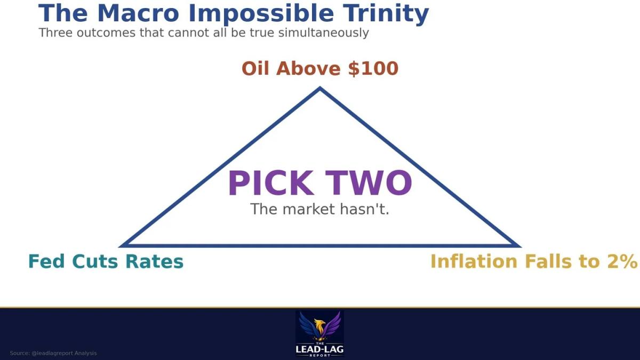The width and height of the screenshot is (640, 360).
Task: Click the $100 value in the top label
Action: tap(373, 69)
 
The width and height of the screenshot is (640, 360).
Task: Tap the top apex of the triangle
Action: tap(320, 89)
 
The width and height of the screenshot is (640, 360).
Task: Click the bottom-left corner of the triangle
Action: tap(122, 245)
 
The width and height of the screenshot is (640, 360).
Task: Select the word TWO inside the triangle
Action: tap(370, 183)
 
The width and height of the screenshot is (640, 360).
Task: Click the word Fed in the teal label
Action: tap(47, 262)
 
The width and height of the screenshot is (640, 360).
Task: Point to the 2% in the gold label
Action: tap(626, 262)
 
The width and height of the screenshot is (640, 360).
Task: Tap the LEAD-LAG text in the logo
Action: tap(319, 349)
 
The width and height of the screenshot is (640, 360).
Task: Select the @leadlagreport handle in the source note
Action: tap(49, 353)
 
